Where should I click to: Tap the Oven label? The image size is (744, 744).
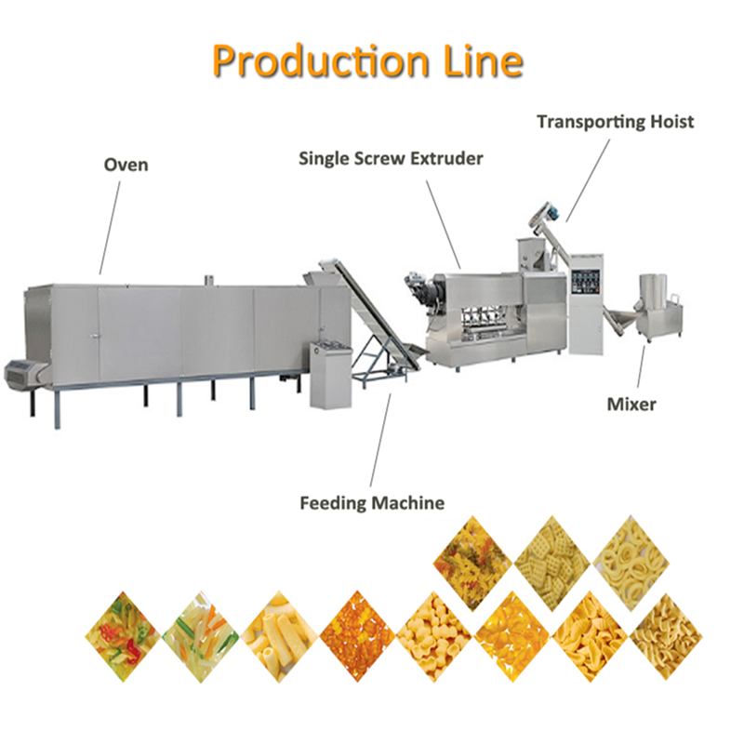click(126, 166)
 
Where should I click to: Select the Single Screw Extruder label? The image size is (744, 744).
click(391, 159)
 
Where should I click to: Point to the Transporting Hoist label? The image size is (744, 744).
click(616, 122)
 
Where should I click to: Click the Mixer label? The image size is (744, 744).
click(631, 405)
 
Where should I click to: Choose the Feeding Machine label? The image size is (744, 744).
click(372, 503)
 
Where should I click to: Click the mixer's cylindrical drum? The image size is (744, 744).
click(657, 297)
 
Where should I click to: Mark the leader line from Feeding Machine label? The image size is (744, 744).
click(381, 437)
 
